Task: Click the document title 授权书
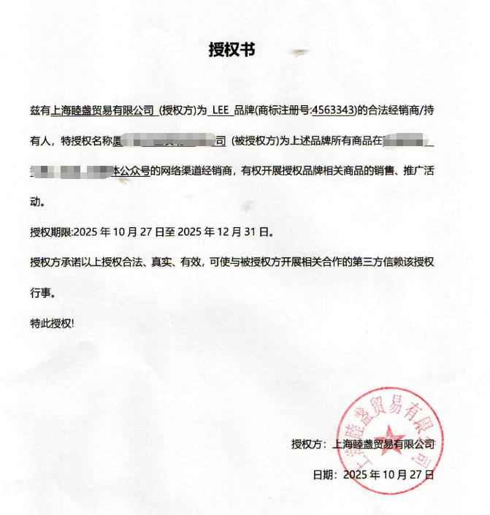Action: [231, 50]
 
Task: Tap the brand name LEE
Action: [221, 110]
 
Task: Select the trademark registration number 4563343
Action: [334, 110]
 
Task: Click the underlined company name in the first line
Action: [102, 110]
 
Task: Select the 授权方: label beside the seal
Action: [310, 443]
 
